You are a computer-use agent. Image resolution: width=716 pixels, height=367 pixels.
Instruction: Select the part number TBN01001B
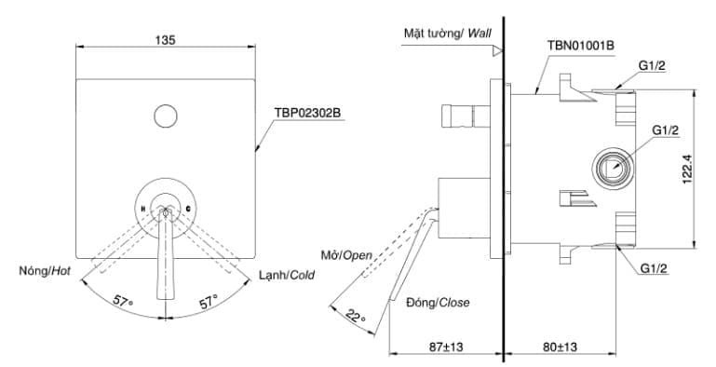581,45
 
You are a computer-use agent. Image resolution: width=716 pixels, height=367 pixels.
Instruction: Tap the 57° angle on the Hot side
122,300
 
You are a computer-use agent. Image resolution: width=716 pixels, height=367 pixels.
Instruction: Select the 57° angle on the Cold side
208,300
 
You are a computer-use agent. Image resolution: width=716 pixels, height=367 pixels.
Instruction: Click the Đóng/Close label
438,303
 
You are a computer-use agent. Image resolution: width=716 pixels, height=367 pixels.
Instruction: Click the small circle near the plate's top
166,116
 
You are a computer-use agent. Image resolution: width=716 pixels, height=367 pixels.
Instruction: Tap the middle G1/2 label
665,129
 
